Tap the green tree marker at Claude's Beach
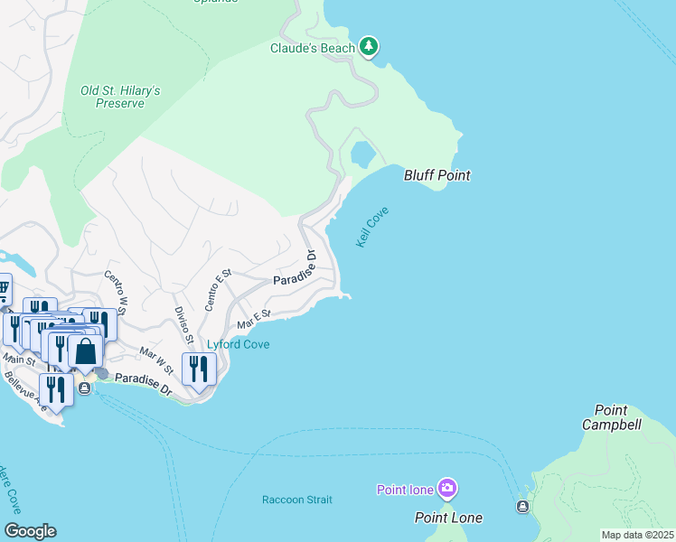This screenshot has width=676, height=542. click(x=368, y=46)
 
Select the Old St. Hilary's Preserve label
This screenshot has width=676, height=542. click(x=120, y=97)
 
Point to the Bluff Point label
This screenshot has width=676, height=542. click(x=437, y=175)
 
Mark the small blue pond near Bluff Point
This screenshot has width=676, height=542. click(x=362, y=154)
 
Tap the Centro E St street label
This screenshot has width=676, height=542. click(x=219, y=289)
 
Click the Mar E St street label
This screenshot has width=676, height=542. click(x=254, y=318)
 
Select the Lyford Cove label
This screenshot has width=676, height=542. click(x=239, y=344)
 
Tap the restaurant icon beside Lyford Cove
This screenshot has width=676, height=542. click(x=198, y=369)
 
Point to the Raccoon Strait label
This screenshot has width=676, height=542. click(x=296, y=500)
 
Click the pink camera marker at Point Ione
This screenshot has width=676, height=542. click(x=447, y=490)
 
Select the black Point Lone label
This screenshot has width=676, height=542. click(x=448, y=518)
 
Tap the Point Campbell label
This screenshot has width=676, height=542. click(x=611, y=417)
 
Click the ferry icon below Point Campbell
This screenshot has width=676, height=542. click(x=522, y=507)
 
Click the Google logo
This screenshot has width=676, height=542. click(x=30, y=531)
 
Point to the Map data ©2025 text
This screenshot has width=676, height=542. click(x=636, y=535)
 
